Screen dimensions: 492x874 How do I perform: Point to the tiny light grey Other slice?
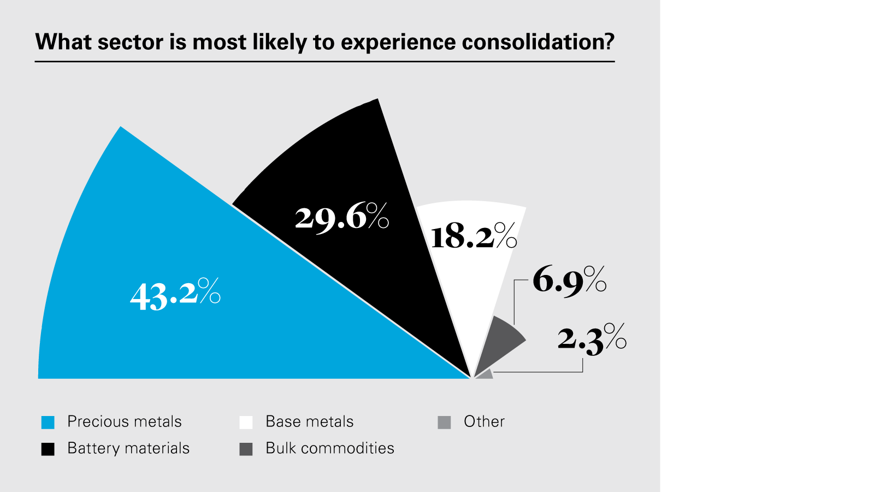tap(486, 376)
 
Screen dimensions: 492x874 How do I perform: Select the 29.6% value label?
tap(341, 217)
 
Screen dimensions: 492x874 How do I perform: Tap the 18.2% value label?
tap(473, 237)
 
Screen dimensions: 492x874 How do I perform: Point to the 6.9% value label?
tap(569, 280)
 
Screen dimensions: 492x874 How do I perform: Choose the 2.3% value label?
tap(592, 338)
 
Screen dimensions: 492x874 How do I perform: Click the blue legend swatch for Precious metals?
tap(48, 422)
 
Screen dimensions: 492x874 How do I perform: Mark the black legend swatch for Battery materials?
tap(48, 449)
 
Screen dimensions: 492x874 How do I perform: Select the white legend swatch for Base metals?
tap(246, 422)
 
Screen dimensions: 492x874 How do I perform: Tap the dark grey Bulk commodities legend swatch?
tap(246, 449)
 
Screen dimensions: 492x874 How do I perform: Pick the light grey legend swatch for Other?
tap(444, 422)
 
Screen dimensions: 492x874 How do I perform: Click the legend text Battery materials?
tap(128, 448)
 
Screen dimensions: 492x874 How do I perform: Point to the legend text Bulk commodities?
tap(330, 448)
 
